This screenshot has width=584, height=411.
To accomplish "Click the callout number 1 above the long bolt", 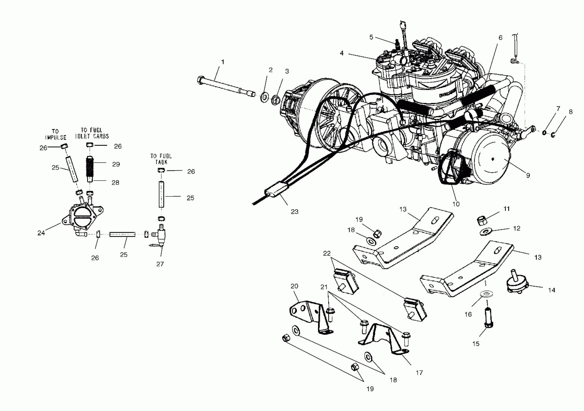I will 223,62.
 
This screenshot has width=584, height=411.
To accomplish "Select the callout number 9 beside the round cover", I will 528,175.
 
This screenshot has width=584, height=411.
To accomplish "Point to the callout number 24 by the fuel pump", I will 41,233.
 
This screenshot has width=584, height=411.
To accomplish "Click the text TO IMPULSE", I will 55,134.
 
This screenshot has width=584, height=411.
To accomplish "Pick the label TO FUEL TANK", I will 161,159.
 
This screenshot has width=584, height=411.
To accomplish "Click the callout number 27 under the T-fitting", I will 160,264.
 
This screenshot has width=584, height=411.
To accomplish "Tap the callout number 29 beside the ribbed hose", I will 116,164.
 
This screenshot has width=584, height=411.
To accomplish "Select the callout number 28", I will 116,183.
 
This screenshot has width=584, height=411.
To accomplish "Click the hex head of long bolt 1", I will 200,80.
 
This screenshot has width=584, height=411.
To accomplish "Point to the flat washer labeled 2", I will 265,97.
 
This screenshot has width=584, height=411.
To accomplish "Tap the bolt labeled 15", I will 488,318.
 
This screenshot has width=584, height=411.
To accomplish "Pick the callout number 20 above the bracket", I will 294,286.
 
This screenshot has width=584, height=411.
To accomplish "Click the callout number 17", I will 419,373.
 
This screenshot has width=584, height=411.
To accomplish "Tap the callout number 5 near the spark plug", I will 371,37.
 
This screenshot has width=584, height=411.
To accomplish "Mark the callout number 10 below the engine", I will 456,204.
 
